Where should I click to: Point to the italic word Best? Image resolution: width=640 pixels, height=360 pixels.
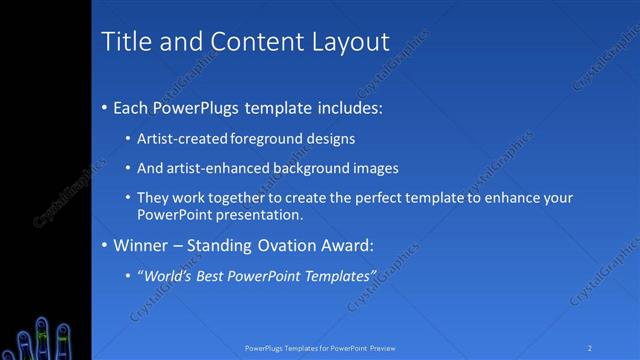click(x=211, y=275)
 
